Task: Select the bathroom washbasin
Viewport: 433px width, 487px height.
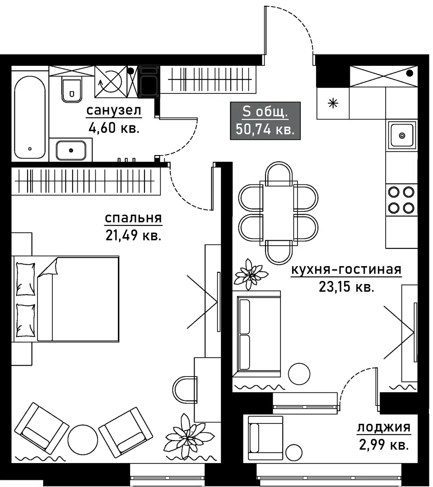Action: coord(71,150)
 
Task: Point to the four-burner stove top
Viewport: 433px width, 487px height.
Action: coord(401,200)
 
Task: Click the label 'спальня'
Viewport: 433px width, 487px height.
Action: coord(133,218)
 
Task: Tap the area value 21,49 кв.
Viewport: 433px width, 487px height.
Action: coord(133,235)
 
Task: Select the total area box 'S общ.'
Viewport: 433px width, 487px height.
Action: coord(265,120)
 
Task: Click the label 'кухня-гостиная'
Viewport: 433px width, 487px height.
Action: coord(346,270)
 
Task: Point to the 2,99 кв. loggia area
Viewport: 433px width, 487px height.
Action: coord(384,445)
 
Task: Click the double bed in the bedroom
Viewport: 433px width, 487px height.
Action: coord(65,299)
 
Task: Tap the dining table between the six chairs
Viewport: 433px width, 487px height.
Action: coord(279,213)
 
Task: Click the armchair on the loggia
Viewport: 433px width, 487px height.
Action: coord(265,438)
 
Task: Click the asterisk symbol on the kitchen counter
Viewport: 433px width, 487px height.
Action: coord(333,103)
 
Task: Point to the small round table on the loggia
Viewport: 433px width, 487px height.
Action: coord(293,452)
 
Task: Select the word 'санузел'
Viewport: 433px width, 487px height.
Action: coord(114,110)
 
